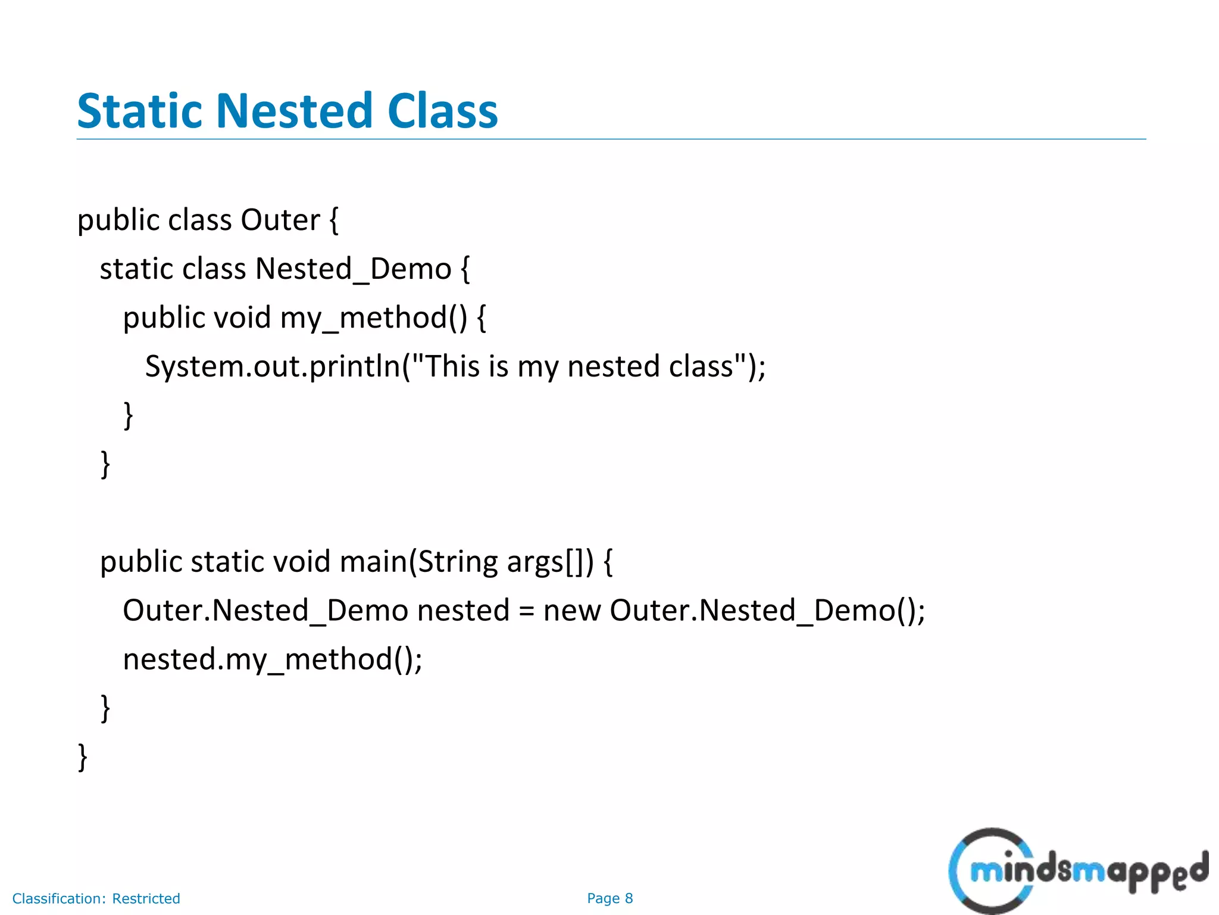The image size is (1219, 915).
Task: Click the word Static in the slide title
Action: point(140,111)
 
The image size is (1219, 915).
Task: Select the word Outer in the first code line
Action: point(280,220)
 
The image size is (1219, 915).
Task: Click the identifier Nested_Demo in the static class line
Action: point(353,269)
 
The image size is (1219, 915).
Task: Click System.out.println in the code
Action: point(273,366)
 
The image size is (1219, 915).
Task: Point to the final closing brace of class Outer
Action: point(83,757)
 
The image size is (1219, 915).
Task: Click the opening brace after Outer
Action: point(334,220)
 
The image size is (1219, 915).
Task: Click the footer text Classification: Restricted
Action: point(96,898)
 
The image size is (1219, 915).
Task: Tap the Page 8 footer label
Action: point(609,898)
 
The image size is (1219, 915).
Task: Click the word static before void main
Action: point(227,562)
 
